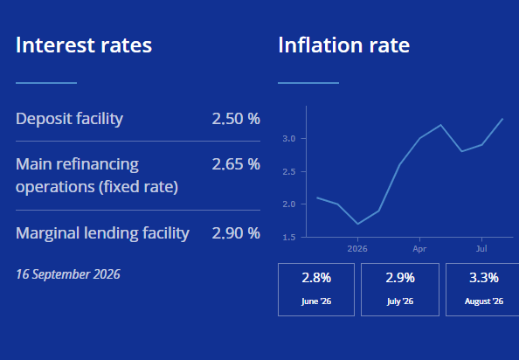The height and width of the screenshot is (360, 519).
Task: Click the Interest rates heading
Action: [84, 45]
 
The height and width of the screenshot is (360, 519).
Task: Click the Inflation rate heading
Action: [344, 45]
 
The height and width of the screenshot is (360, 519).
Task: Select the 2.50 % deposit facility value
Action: [236, 119]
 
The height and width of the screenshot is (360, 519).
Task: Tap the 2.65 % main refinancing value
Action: [236, 164]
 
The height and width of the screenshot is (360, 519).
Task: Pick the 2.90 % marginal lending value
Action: [236, 233]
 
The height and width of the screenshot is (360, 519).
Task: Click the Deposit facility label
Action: [69, 119]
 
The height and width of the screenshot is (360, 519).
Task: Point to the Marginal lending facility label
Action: [102, 233]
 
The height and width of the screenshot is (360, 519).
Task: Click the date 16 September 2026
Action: [68, 274]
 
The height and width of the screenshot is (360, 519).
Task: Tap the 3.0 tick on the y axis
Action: [289, 139]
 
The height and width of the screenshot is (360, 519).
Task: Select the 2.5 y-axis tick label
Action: [289, 172]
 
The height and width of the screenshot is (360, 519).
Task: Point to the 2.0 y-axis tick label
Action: [289, 204]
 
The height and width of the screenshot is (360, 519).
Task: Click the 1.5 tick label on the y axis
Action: [289, 238]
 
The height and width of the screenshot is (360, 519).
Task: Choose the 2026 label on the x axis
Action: [357, 249]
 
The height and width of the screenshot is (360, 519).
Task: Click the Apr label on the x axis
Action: [419, 249]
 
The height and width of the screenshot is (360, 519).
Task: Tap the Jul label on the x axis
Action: [481, 248]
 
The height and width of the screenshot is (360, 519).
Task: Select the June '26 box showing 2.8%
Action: [316, 289]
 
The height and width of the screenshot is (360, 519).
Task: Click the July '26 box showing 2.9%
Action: [400, 289]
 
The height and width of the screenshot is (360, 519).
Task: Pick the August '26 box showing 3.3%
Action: [482, 289]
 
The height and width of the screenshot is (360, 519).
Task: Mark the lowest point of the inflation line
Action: [358, 224]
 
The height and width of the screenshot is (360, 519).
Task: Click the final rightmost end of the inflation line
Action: [502, 119]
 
